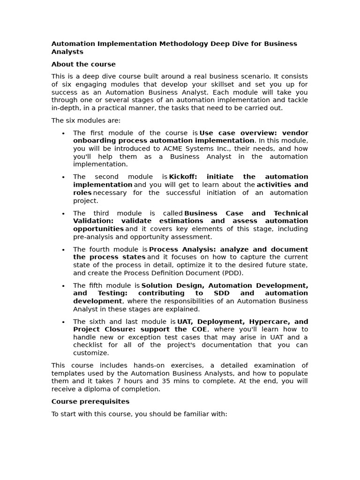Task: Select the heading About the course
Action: pos(83,64)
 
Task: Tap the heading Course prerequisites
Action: pos(90,401)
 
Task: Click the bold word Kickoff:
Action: pos(183,177)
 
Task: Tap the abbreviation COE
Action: pos(198,329)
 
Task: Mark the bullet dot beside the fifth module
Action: pos(63,285)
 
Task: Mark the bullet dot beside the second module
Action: pos(63,177)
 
